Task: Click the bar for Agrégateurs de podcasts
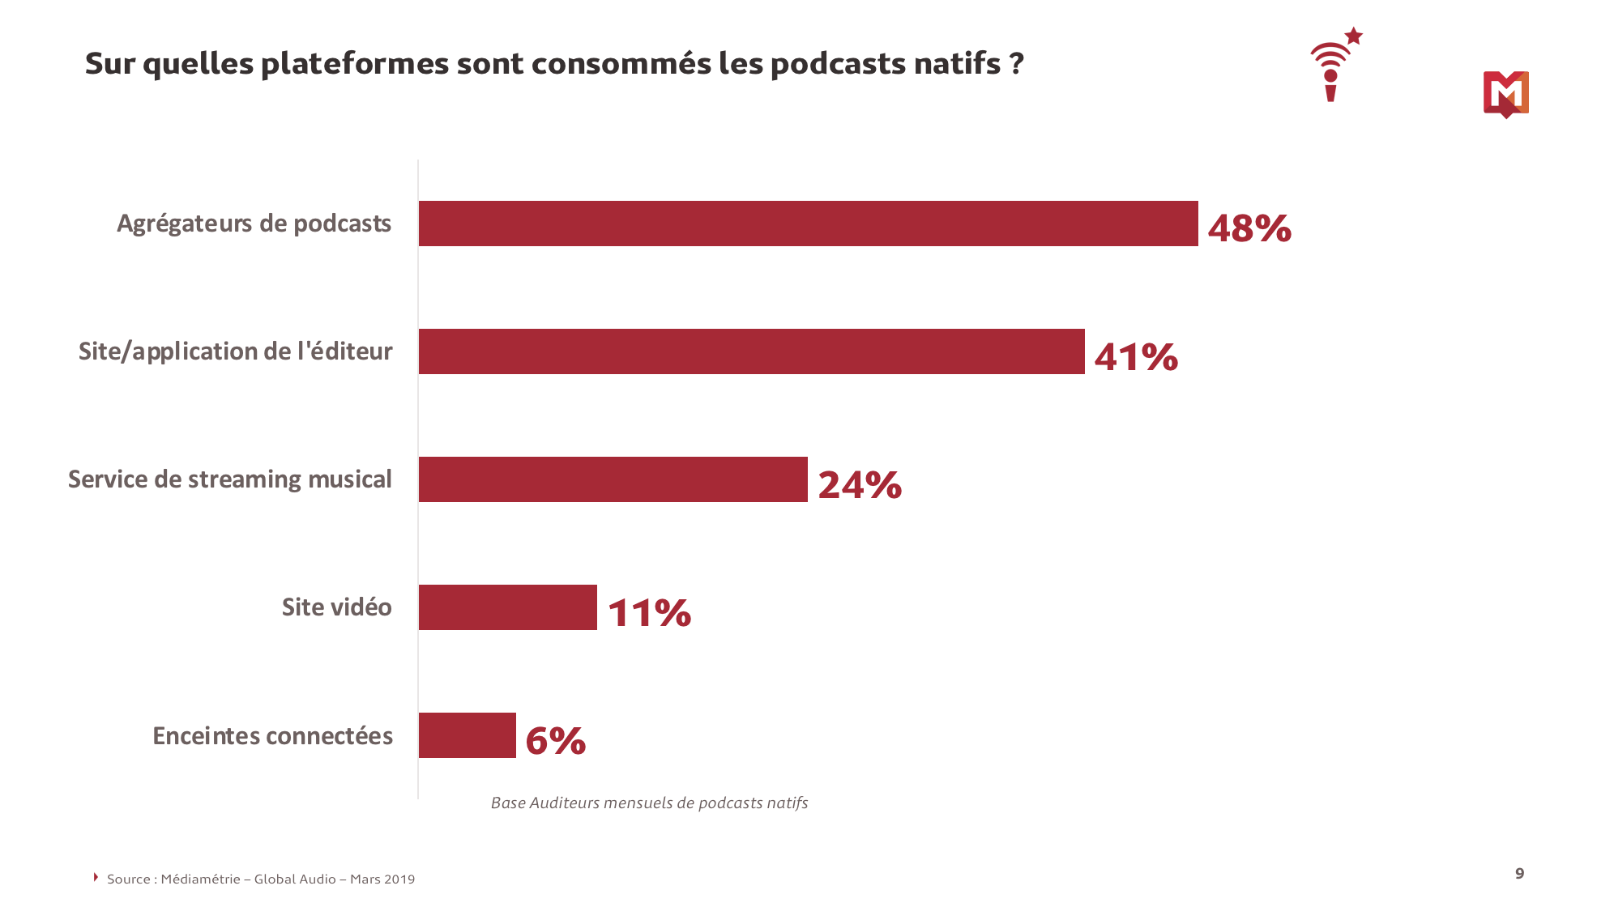pos(808,224)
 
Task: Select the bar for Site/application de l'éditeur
pos(751,351)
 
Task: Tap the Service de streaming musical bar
pos(613,479)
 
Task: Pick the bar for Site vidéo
pos(507,607)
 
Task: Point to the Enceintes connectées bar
pos(467,735)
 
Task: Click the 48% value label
pos(1249,228)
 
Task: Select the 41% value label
pos(1135,357)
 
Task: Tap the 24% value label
pos(859,485)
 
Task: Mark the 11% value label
pos(649,613)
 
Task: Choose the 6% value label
pos(555,741)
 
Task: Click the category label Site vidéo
pos(336,607)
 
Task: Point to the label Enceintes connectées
pos(272,736)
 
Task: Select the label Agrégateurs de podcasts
pos(254,224)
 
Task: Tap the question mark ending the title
pos(1017,64)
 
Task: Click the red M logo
pos(1505,94)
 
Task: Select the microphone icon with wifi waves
pos(1330,73)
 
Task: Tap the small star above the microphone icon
pos(1353,36)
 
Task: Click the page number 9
pos(1519,873)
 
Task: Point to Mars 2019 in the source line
pos(382,879)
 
